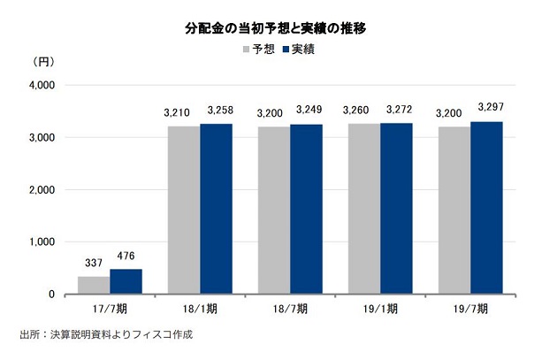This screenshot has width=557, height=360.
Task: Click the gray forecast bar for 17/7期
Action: coord(94,285)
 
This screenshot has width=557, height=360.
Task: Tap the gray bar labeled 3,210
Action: coord(183,210)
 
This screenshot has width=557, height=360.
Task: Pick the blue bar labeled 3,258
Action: coord(216,209)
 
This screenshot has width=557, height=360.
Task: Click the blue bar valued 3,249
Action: coord(306,209)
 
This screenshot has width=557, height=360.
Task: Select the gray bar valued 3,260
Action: coord(364,209)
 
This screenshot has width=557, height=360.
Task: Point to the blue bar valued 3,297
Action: coord(486,208)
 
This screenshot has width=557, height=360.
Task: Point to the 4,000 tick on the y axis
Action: coord(42,85)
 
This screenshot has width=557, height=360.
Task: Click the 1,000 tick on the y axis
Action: coord(42,241)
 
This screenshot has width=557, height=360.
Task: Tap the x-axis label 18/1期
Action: coord(200,309)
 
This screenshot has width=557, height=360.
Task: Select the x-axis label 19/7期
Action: coord(470,309)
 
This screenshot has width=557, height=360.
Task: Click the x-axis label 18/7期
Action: coord(290,309)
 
